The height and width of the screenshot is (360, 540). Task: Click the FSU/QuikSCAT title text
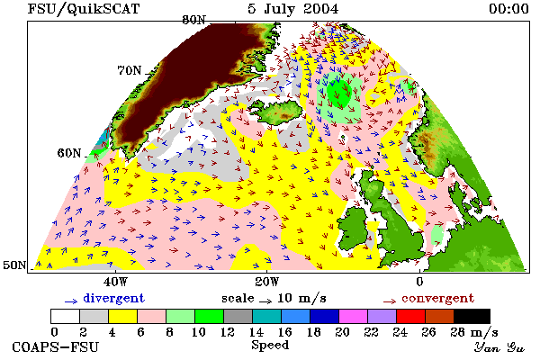(x=84, y=9)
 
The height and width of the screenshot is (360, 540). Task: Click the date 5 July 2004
(x=292, y=9)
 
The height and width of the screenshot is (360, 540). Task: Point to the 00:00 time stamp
(x=508, y=9)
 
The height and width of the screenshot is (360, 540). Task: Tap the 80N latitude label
(x=193, y=20)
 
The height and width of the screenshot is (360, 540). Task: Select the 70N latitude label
(x=130, y=70)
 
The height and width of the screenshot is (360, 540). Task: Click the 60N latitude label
(x=69, y=153)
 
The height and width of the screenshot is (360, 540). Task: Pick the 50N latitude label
(x=14, y=265)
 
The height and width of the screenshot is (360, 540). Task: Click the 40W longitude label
(x=115, y=282)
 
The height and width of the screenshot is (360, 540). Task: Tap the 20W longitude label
(x=267, y=282)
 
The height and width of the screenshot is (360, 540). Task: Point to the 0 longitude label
(x=419, y=282)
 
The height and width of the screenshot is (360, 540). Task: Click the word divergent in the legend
(x=114, y=298)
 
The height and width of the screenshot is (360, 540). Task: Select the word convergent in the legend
(x=438, y=298)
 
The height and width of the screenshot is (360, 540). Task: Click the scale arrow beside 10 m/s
(x=265, y=301)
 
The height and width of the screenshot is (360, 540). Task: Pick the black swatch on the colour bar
(x=472, y=316)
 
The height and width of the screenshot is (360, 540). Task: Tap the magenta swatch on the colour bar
(x=354, y=316)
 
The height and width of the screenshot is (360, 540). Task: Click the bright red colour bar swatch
(x=411, y=316)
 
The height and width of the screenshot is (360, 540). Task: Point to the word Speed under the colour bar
(x=270, y=346)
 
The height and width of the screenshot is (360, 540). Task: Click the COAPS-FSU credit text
(x=56, y=346)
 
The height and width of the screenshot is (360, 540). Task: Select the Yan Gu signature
(x=499, y=347)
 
